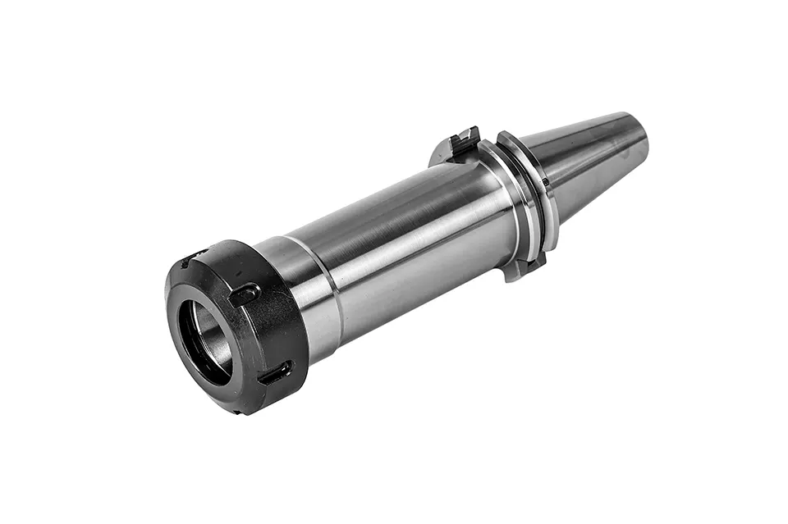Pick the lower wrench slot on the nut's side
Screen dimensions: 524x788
(x=274, y=373)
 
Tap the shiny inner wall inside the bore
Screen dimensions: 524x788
(x=215, y=336)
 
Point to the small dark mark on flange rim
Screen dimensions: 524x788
(x=544, y=182)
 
